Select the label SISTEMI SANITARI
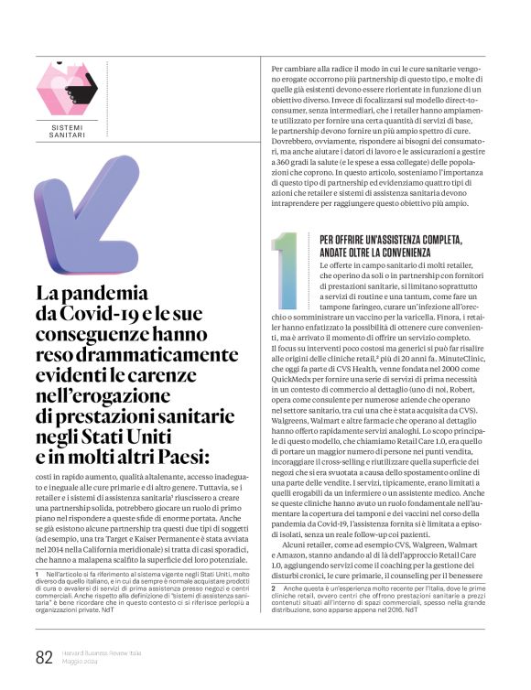[x=67, y=130]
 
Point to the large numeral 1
[x=287, y=270]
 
